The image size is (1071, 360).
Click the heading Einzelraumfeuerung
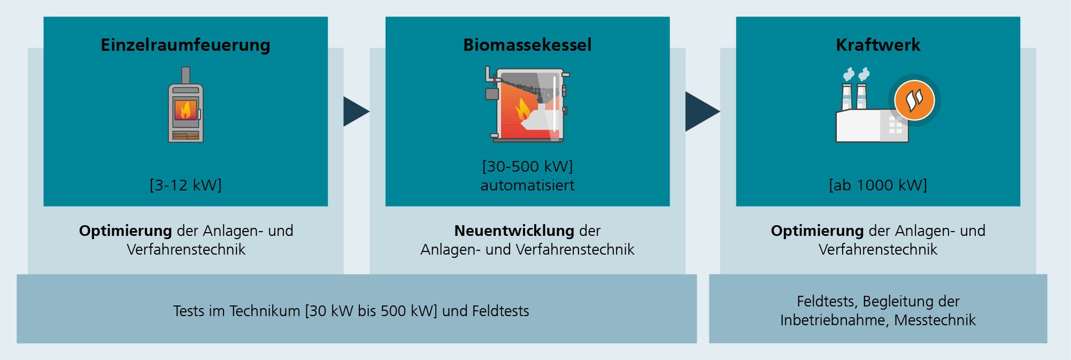click(186, 45)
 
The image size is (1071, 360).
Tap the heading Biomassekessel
click(527, 45)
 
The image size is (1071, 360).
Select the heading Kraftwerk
click(878, 45)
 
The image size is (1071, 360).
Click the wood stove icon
click(186, 107)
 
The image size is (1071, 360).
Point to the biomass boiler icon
click(527, 105)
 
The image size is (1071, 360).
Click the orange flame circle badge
click(914, 100)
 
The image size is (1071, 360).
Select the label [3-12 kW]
click(186, 185)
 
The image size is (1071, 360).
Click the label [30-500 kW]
click(527, 166)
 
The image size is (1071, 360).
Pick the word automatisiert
click(527, 186)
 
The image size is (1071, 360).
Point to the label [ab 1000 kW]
click(878, 185)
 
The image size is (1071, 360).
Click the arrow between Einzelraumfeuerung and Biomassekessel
click(355, 111)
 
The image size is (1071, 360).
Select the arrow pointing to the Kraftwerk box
click(702, 111)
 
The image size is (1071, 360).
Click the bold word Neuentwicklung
click(514, 231)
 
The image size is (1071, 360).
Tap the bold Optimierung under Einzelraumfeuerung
click(125, 231)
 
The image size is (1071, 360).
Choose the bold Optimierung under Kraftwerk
click(817, 231)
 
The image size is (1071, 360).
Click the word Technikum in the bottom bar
click(265, 311)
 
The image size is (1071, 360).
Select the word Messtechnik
click(935, 320)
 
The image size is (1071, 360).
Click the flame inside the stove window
click(186, 110)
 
